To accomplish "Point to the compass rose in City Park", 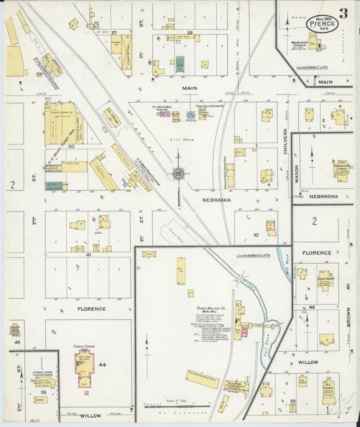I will pos(178,174).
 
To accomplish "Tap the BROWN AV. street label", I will pos(349,311).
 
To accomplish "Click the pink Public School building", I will pos(84,369).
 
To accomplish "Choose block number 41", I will pos(88,255).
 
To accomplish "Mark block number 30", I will pos(70,146).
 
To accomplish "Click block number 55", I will pos(43,391).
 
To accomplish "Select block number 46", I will pos(312,307).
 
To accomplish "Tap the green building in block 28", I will pos(180,64).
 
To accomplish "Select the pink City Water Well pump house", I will pos(164,114).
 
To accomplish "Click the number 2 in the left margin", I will pos(12,184).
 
